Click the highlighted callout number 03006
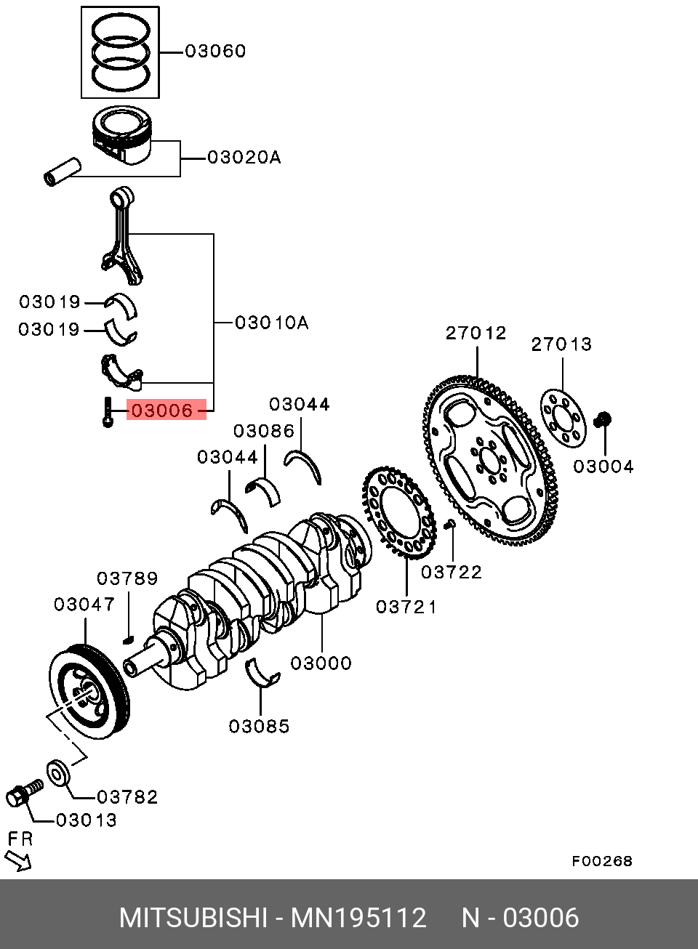162,410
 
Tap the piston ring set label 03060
215,51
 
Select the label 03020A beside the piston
244,157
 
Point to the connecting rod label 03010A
272,323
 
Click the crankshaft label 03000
321,663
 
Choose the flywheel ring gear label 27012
476,333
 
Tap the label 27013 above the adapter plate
561,344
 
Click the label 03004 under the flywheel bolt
603,467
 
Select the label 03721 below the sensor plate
406,607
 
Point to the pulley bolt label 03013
86,820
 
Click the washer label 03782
127,797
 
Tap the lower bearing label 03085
259,726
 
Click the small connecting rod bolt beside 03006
108,411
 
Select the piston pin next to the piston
63,171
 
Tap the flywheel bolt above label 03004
603,419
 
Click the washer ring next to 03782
57,774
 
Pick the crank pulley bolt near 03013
25,793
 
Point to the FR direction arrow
17,861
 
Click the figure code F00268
602,861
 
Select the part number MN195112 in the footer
358,917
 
